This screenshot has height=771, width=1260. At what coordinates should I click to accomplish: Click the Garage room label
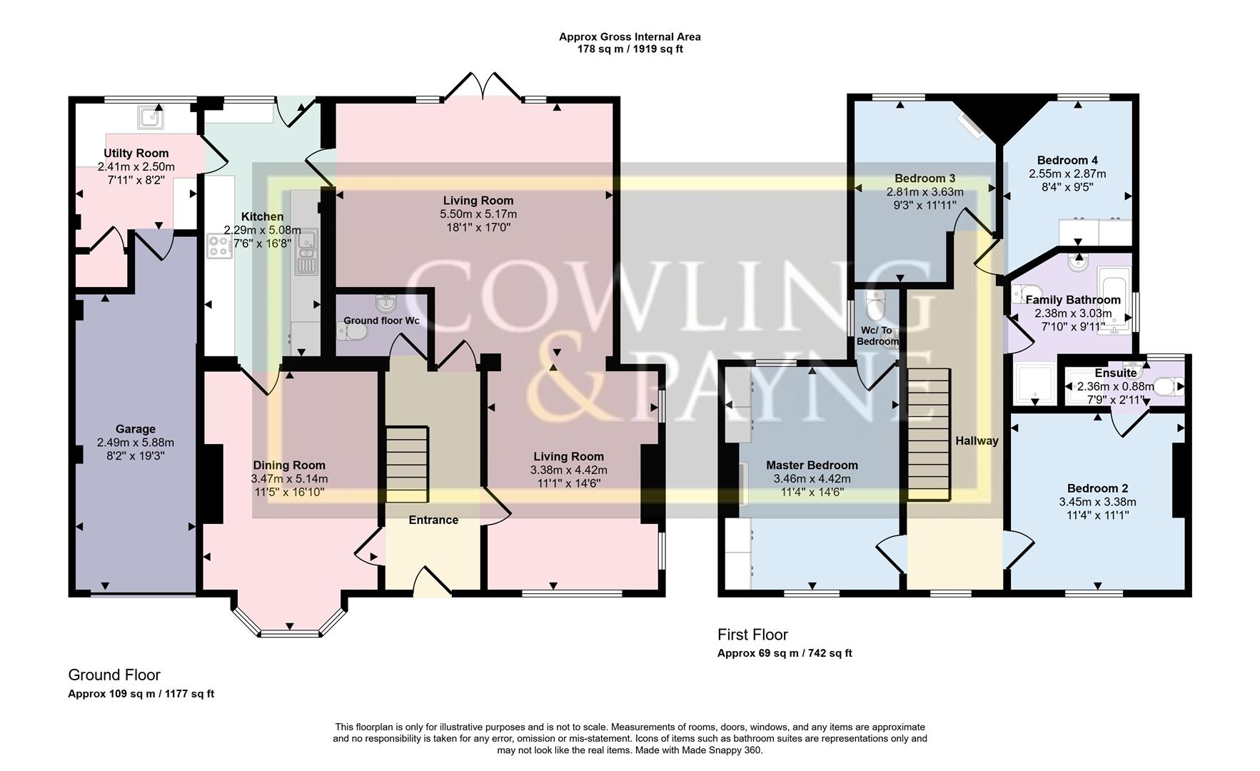click(x=136, y=429)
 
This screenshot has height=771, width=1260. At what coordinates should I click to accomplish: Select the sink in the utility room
click(x=151, y=116)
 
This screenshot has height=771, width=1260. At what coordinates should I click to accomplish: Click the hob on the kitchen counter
click(x=219, y=247)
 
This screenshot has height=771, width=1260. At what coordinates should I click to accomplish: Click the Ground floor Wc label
click(x=381, y=321)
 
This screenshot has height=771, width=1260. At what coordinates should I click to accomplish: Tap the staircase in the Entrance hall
click(x=407, y=464)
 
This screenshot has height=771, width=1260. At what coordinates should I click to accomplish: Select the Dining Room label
click(x=289, y=465)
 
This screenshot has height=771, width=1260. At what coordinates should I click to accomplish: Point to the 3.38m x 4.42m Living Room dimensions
click(x=568, y=470)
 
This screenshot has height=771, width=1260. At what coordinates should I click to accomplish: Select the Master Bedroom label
click(x=812, y=465)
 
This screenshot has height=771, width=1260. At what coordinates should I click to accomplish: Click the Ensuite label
click(x=1115, y=373)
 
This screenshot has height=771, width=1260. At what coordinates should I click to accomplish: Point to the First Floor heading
click(x=752, y=635)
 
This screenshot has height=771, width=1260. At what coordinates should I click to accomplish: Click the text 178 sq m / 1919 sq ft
click(x=630, y=49)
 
